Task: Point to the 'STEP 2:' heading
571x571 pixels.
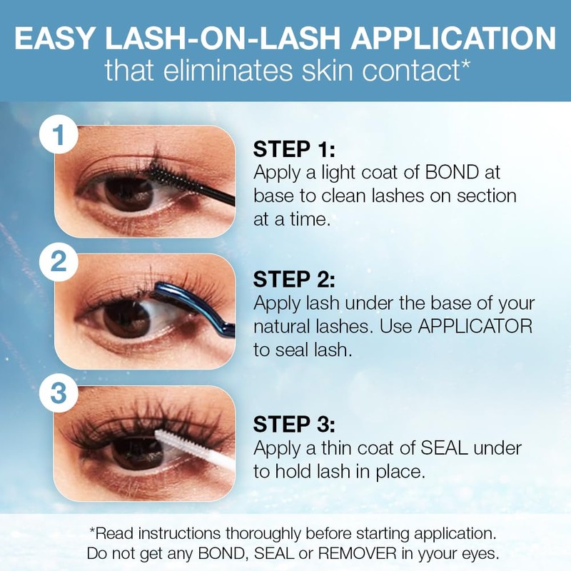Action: coord(294,279)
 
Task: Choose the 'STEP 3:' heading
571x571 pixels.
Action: coord(294,425)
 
